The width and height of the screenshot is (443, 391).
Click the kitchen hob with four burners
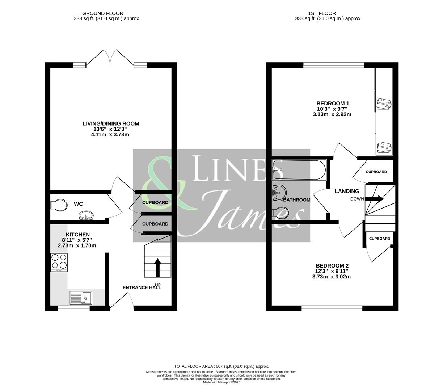pos(59,262)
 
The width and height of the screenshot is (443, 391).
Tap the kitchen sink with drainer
pos(81,298)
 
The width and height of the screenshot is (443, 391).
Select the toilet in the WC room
pos(59,205)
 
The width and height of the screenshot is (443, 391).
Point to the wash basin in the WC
pos(86,216)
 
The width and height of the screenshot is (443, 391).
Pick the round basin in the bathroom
pos(279,192)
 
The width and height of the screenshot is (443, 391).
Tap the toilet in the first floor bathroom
pos(280,213)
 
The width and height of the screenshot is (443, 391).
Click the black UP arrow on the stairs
pos(158,267)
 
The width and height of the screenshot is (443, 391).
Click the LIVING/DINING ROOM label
pos(111,123)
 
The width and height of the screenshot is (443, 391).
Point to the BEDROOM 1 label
pos(333,103)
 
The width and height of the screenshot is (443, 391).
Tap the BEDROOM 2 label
pos(332,265)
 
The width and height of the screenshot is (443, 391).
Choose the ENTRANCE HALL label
pos(142,287)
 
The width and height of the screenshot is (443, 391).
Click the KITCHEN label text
pos(77,235)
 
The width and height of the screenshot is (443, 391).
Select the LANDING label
pos(347,191)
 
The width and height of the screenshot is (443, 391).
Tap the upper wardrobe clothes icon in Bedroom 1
pos(384,104)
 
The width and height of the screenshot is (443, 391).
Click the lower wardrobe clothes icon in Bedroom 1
pos(384,147)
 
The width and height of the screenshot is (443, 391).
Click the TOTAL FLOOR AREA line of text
pos(221,366)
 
